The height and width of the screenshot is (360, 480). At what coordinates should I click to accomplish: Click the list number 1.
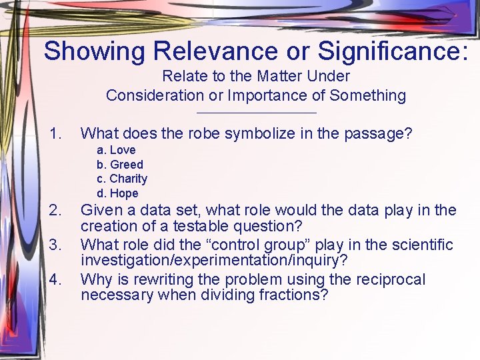pyautogui.click(x=56, y=134)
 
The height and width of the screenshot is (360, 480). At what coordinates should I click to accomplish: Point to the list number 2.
pyautogui.click(x=56, y=211)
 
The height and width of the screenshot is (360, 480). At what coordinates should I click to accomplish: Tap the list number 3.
pyautogui.click(x=56, y=245)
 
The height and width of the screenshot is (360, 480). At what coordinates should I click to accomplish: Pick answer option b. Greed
pyautogui.click(x=120, y=165)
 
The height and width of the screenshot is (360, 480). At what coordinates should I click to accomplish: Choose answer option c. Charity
pyautogui.click(x=122, y=179)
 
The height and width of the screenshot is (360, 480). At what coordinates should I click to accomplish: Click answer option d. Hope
pyautogui.click(x=117, y=193)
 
